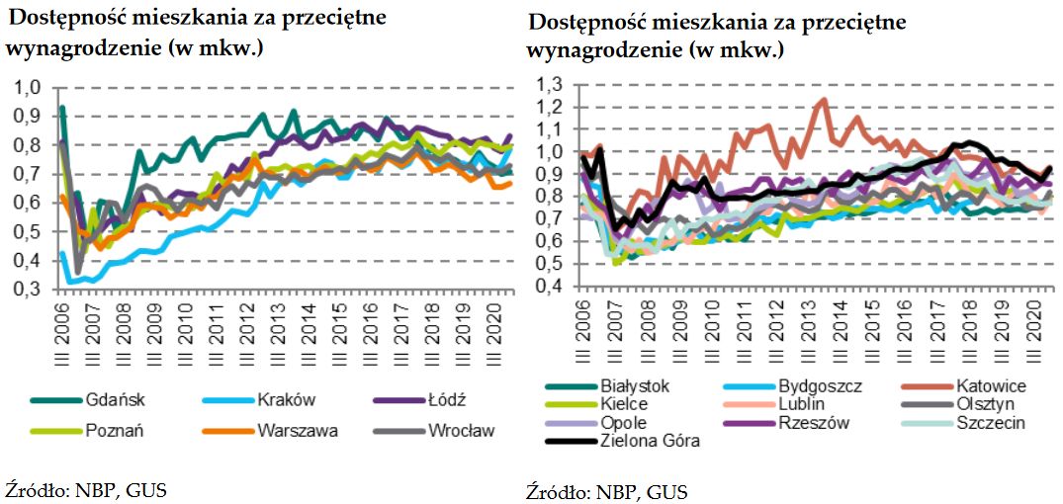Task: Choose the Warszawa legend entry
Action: click(x=296, y=430)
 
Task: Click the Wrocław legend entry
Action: click(x=460, y=430)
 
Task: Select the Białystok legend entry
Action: click(x=634, y=385)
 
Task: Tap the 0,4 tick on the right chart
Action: click(x=548, y=286)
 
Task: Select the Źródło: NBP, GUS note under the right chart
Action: click(x=605, y=491)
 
